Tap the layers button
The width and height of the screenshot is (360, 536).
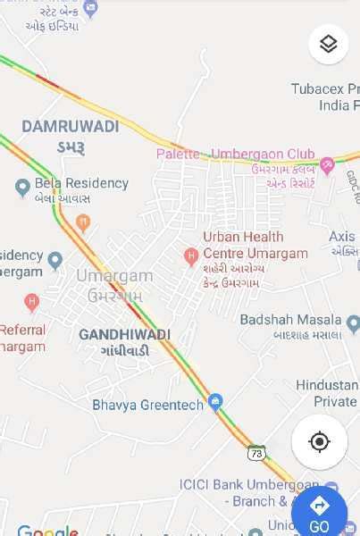pos(328,44)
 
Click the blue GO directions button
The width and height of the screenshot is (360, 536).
pos(319,512)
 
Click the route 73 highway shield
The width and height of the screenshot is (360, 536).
pos(256,452)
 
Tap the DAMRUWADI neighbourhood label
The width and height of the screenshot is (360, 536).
pos(71,127)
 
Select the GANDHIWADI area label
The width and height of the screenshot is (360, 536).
pos(124,334)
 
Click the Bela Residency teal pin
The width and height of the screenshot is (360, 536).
pos(22,188)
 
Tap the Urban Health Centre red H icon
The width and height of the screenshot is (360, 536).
pos(190,256)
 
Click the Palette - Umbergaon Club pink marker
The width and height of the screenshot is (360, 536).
pos(328,164)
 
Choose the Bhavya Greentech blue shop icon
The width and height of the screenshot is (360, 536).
pos(215,403)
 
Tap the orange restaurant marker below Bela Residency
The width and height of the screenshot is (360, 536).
pos(83,222)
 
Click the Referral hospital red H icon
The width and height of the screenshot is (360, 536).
pos(32,303)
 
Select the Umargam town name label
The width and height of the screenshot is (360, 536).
pos(113,276)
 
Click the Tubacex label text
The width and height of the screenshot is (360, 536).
pos(325,88)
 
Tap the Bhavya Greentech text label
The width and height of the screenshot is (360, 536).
pos(147,405)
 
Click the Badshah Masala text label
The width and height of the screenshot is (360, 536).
pos(291,319)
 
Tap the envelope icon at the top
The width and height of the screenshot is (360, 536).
pos(89,8)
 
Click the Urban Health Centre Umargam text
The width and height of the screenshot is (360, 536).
pos(255,245)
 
